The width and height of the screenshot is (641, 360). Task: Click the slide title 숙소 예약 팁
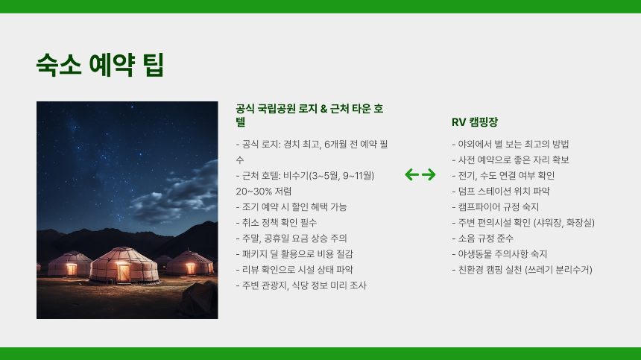100,65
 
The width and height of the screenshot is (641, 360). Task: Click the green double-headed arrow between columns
420,175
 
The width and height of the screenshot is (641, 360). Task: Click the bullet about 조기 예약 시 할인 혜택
291,206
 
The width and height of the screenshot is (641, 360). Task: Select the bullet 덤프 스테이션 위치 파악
500,191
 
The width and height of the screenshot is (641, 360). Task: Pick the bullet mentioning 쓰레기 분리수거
522,269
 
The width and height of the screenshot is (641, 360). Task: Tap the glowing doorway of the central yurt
124,272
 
